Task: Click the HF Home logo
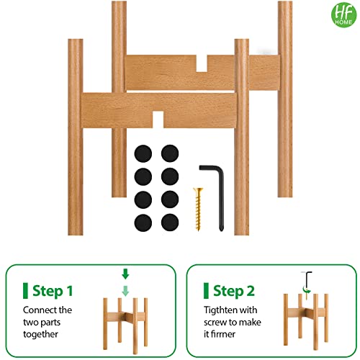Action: (x=343, y=14)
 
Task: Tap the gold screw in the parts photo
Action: (x=198, y=209)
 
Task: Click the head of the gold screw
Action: (x=198, y=190)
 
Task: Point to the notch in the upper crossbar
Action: (x=202, y=63)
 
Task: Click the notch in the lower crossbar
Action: (x=158, y=120)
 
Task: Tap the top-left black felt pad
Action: (x=143, y=153)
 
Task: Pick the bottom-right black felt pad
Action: (x=170, y=222)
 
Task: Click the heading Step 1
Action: (x=53, y=291)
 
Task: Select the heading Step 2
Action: (x=234, y=291)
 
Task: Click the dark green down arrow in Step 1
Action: (x=125, y=274)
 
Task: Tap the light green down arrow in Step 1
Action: (x=125, y=291)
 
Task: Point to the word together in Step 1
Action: (x=40, y=334)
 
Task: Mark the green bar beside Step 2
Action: (x=206, y=291)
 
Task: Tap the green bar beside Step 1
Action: (x=25, y=291)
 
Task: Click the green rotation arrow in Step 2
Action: (x=306, y=290)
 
